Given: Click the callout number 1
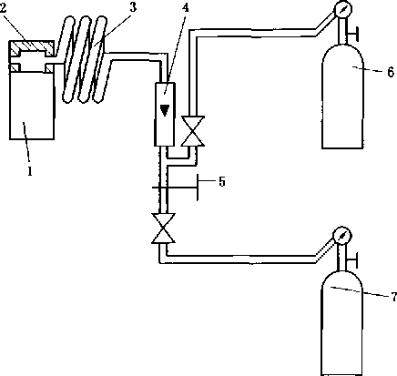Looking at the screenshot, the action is click(29, 171).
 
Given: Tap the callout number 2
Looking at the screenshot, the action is click(3, 8).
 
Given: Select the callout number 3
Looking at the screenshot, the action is click(133, 7).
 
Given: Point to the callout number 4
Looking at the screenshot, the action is click(185, 7).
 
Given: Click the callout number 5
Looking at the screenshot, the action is click(222, 181).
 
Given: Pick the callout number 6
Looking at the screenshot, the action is click(391, 72).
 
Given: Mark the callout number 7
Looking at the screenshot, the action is click(393, 297).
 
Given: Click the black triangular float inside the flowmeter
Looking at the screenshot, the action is click(165, 110).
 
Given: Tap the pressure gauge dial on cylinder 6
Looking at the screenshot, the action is click(342, 9).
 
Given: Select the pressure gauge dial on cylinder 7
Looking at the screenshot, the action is click(341, 235).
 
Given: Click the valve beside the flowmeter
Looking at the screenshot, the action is click(192, 131).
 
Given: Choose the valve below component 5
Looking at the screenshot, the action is click(163, 229).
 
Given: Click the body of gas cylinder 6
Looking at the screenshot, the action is click(342, 97).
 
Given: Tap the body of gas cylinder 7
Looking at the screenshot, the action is click(341, 323).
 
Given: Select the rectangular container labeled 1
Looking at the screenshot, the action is click(32, 106).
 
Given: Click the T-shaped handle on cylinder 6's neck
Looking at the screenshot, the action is click(352, 34).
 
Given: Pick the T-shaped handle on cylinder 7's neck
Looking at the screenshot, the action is click(351, 259).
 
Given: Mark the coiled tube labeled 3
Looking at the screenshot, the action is click(85, 59).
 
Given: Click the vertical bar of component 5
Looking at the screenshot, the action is click(198, 188).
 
